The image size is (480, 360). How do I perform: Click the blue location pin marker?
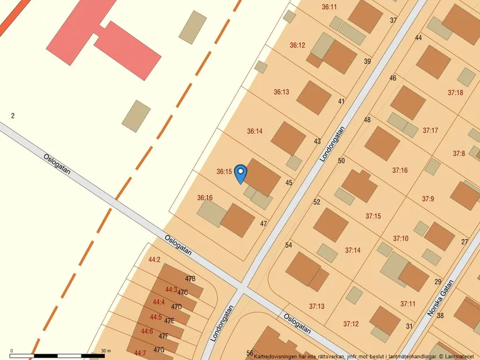[240, 173]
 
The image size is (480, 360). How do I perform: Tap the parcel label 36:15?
[225, 172]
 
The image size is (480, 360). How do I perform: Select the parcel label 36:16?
[205, 198]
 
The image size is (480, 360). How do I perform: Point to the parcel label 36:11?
[329, 7]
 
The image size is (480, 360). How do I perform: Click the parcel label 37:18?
[456, 93]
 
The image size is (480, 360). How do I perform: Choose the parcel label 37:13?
[317, 306]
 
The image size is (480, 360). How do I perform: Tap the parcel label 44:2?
[154, 260]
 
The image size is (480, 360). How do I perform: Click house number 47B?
[190, 279]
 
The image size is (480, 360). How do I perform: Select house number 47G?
[159, 350]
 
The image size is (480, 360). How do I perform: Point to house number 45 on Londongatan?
[289, 183]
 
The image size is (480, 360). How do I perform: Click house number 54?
[289, 245]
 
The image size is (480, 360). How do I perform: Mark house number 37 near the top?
[393, 20]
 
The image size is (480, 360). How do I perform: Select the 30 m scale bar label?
[106, 351]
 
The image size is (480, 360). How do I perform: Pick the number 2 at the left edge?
[13, 116]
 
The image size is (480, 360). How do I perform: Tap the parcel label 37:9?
[428, 199]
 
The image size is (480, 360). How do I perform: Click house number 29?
[438, 281]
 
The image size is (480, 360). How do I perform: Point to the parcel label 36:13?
[282, 92]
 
